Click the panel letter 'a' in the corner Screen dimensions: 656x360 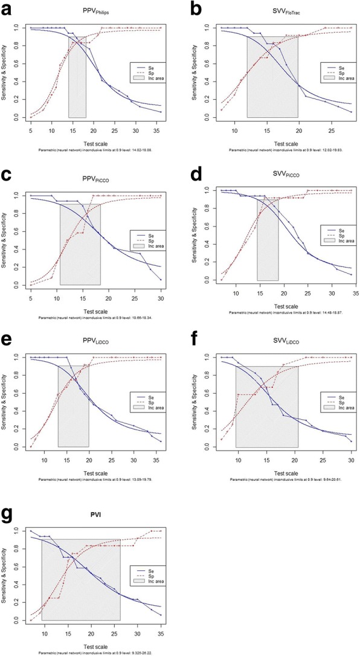coord(5,8)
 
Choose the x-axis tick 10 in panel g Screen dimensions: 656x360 coord(45,632)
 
